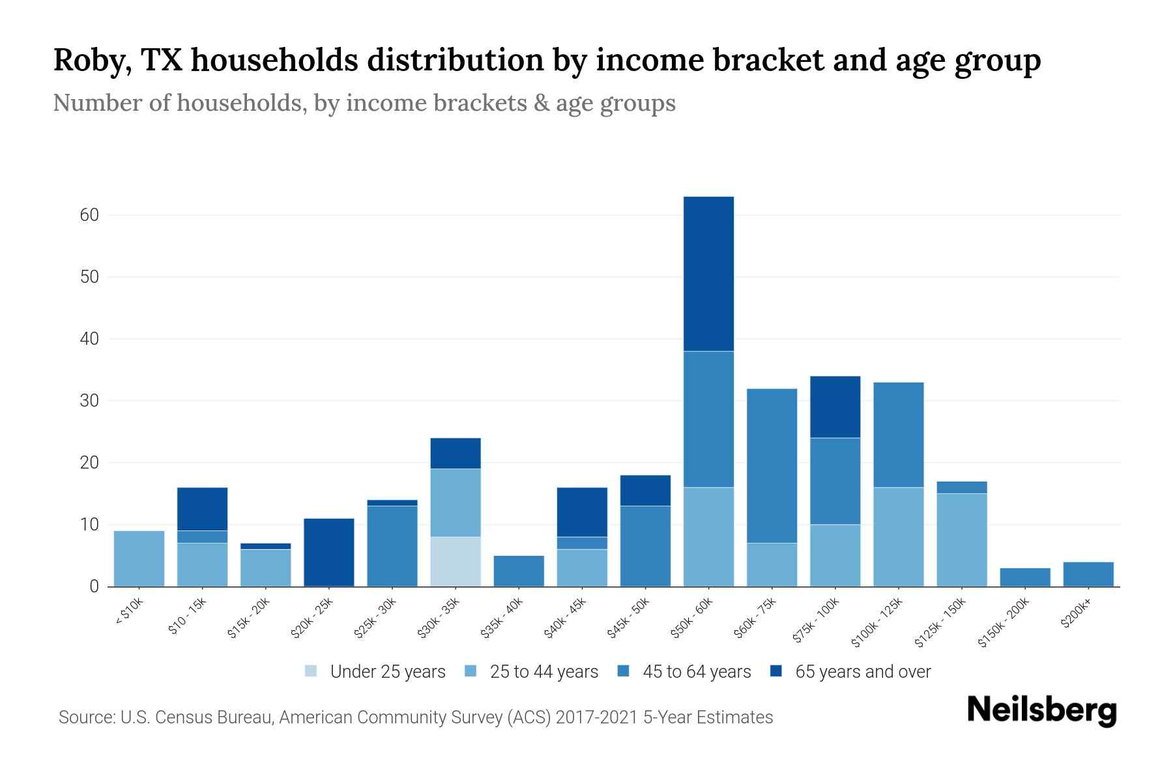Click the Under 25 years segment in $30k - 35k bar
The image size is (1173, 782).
(x=456, y=561)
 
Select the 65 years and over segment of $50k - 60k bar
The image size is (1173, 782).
(x=708, y=274)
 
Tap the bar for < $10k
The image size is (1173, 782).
(x=139, y=558)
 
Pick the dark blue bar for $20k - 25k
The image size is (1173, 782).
(x=329, y=552)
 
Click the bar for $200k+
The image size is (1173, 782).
(x=1088, y=574)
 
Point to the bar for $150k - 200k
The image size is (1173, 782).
(x=1024, y=577)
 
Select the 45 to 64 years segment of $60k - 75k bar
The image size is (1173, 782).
(x=772, y=466)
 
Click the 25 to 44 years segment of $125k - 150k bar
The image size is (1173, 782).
(x=961, y=540)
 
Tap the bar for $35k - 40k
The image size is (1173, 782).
(x=519, y=571)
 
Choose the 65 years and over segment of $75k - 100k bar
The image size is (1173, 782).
(x=835, y=407)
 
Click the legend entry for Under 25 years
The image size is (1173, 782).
(x=375, y=671)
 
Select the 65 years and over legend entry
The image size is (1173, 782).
(x=850, y=671)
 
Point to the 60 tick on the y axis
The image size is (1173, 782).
(x=89, y=215)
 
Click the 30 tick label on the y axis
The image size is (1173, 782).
(x=89, y=401)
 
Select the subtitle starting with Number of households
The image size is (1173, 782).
(x=364, y=103)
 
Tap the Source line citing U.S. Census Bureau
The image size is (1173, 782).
(x=416, y=717)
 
